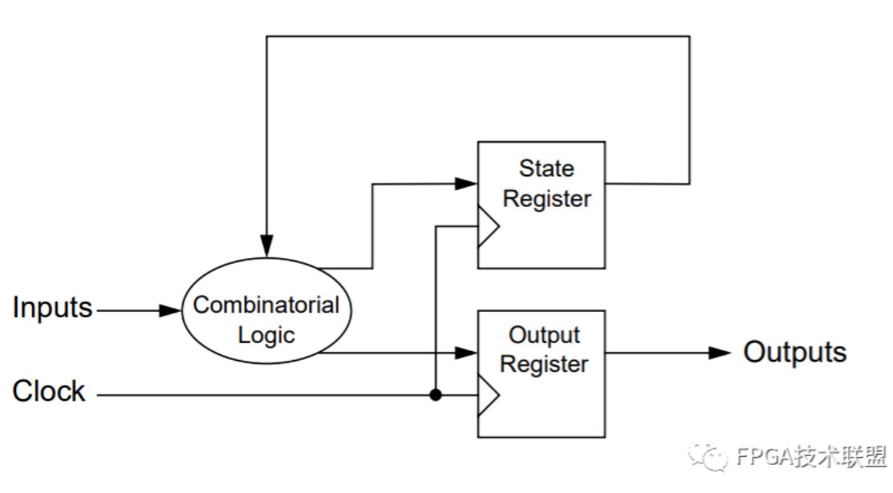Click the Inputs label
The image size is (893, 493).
[x=52, y=308]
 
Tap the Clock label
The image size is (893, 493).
[x=49, y=391]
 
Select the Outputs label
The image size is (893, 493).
[x=795, y=351]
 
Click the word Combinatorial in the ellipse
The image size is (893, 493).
[x=266, y=305]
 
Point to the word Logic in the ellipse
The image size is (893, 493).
[x=266, y=335]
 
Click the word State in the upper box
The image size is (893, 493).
[x=546, y=168]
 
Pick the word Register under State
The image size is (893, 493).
[x=546, y=199]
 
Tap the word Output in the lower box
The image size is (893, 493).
[x=544, y=335]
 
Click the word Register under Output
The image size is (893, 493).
[x=544, y=365]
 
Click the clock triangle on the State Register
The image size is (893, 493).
[x=488, y=227]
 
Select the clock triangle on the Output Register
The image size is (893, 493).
[x=488, y=395]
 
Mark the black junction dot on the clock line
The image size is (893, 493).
[x=436, y=394]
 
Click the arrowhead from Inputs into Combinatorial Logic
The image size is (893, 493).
[x=170, y=310]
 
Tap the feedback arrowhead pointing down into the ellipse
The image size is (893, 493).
[x=266, y=245]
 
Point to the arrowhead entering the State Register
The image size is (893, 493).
[x=466, y=184]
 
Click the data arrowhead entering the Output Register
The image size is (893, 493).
[x=466, y=353]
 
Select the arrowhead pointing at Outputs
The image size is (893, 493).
[x=720, y=353]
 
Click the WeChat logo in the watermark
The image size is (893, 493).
[x=708, y=456]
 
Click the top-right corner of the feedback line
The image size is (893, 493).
[x=690, y=36]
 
